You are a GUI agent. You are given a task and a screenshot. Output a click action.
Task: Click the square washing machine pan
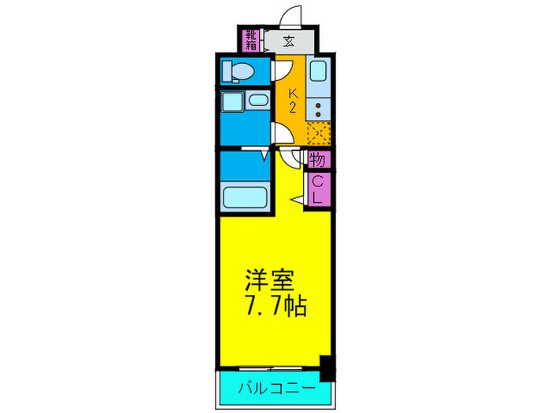click(231, 102)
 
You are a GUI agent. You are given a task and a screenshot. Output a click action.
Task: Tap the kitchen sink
click(319, 73)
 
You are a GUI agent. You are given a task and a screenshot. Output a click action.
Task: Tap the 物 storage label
click(317, 160)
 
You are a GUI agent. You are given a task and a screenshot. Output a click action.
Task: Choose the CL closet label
click(318, 190)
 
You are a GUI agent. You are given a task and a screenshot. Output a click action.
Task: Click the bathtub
click(245, 194)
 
